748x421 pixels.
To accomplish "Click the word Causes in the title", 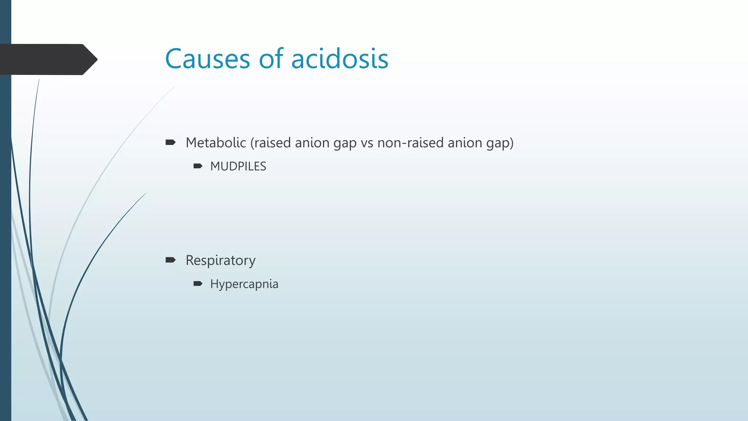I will [207, 59].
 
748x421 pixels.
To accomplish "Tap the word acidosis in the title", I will [340, 59].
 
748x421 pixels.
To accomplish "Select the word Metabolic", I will [215, 143].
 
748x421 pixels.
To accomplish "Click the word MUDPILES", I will [238, 166].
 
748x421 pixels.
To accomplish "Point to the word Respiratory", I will [220, 260].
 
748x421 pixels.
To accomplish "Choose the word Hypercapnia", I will [244, 284].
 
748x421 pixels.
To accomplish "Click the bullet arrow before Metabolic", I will [171, 142].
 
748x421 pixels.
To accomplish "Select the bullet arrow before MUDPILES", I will [198, 166].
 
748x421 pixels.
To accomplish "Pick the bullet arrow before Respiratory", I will [171, 260].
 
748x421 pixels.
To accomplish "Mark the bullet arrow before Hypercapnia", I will [198, 284].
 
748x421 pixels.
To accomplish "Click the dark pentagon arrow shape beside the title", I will [47, 59].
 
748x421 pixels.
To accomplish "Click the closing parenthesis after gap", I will [512, 143].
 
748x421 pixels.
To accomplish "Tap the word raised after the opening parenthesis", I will [272, 143].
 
